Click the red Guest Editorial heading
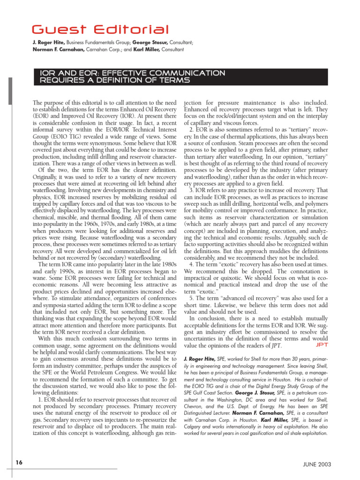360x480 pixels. click(x=101, y=30)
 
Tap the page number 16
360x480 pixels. click(x=18, y=463)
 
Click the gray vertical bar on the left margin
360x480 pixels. click(x=10, y=91)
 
